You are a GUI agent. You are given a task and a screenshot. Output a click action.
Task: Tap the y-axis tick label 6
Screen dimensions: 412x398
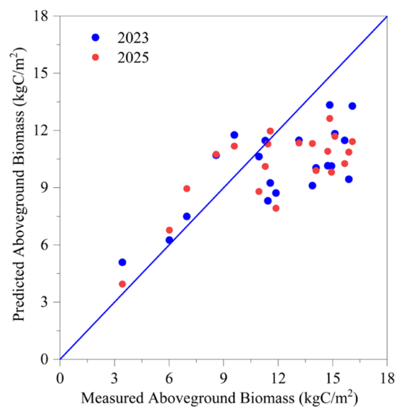pyautogui.click(x=46, y=245)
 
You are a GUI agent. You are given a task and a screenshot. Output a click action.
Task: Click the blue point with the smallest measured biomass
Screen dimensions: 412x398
pyautogui.click(x=122, y=262)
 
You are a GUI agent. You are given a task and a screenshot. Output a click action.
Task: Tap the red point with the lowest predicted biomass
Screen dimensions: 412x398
pyautogui.click(x=122, y=284)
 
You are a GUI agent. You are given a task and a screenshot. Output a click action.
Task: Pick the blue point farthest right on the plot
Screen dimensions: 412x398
pyautogui.click(x=352, y=106)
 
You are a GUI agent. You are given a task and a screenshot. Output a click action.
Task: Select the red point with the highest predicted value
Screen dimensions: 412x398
pyautogui.click(x=330, y=119)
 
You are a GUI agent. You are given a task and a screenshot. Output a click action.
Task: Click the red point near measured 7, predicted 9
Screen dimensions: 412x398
pyautogui.click(x=187, y=189)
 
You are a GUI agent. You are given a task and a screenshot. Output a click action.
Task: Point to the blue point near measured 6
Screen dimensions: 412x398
pyautogui.click(x=169, y=240)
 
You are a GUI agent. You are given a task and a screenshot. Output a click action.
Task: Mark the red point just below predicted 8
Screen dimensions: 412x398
pyautogui.click(x=276, y=208)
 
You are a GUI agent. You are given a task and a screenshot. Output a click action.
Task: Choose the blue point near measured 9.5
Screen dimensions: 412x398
pyautogui.click(x=234, y=135)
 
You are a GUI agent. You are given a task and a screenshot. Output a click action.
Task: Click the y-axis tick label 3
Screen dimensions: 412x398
pyautogui.click(x=46, y=302)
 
